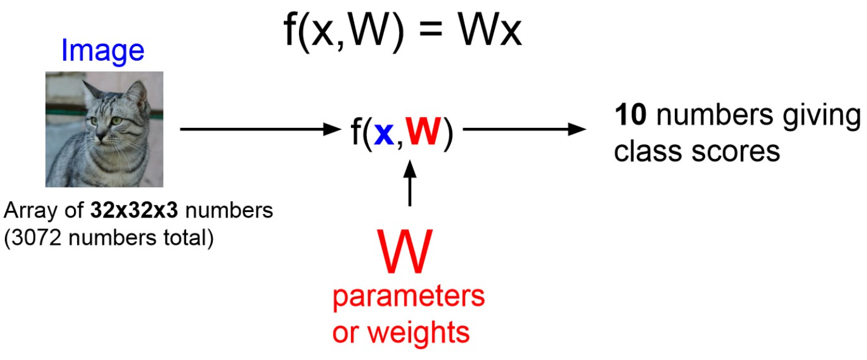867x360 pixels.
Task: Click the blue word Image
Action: [x=102, y=52]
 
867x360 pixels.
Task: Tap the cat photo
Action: [x=104, y=129]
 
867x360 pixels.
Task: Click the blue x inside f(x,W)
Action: [x=384, y=134]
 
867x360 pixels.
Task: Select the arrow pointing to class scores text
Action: [x=525, y=129]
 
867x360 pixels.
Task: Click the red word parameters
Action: [x=409, y=298]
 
